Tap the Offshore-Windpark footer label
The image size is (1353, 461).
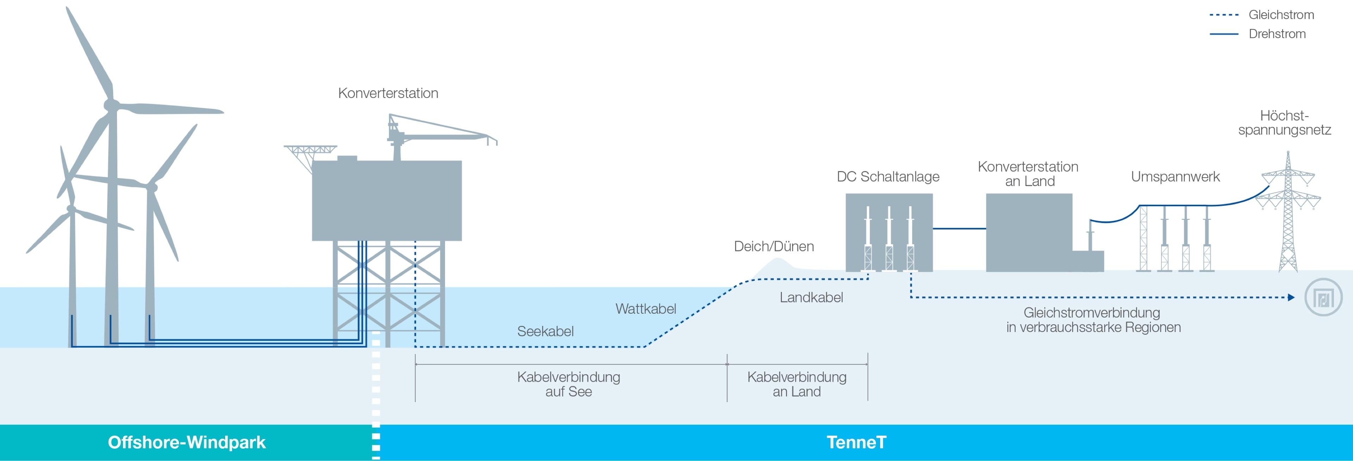pyautogui.click(x=186, y=442)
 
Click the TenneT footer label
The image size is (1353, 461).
pyautogui.click(x=856, y=442)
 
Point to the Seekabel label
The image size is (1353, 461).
pyautogui.click(x=545, y=331)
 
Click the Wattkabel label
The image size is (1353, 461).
pyautogui.click(x=645, y=308)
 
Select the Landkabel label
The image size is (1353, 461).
pyautogui.click(x=811, y=297)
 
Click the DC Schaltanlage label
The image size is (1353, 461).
pyautogui.click(x=888, y=177)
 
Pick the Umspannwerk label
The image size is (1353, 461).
pyautogui.click(x=1175, y=177)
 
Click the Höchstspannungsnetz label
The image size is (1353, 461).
pyautogui.click(x=1284, y=123)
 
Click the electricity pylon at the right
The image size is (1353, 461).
pyautogui.click(x=1287, y=215)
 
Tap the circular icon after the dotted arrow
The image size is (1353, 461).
pyautogui.click(x=1323, y=297)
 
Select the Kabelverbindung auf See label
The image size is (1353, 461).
pyautogui.click(x=568, y=384)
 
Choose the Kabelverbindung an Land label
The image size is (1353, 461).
pyautogui.click(x=796, y=384)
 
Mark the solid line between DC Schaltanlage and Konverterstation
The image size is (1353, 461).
pyautogui.click(x=959, y=229)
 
